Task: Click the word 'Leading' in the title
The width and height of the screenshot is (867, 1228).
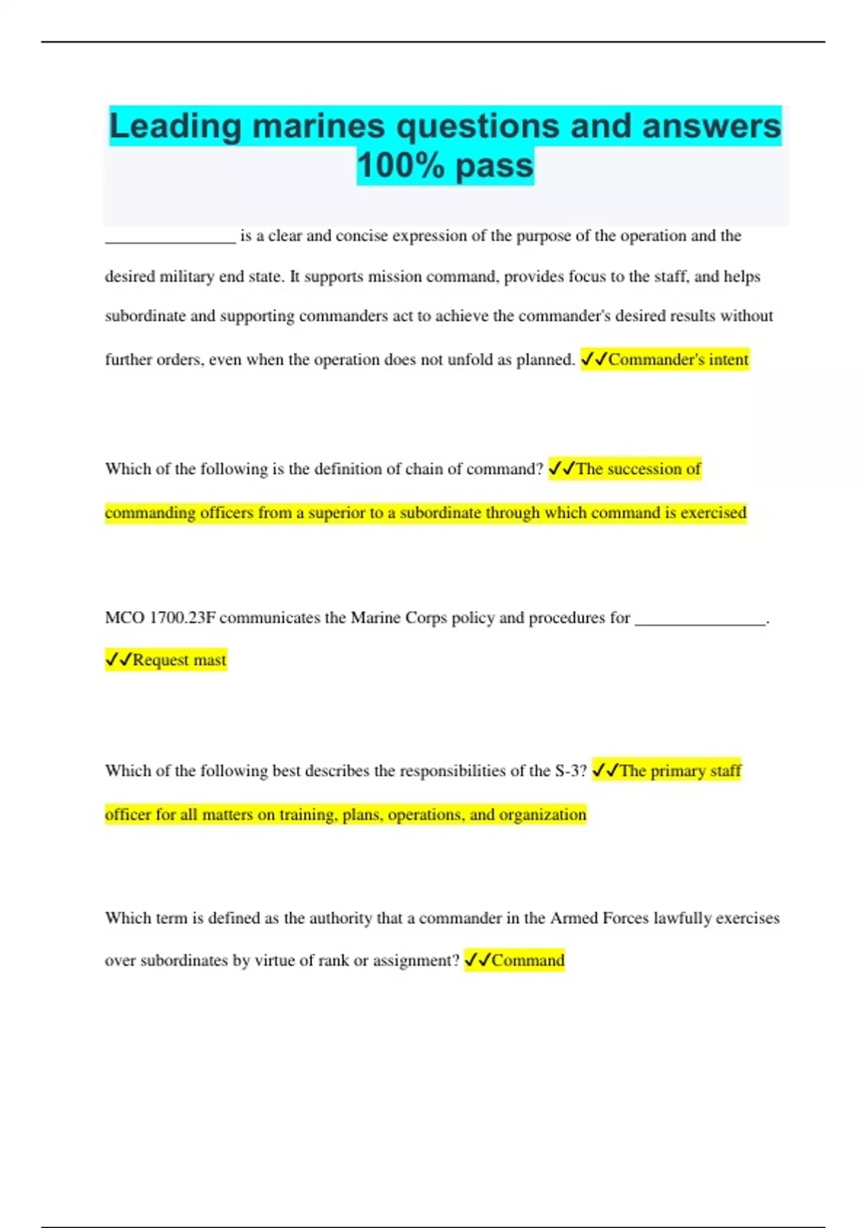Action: pos(175,126)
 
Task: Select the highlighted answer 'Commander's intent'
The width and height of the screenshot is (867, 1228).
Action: pos(678,360)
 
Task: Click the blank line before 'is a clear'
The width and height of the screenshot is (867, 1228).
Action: pos(171,238)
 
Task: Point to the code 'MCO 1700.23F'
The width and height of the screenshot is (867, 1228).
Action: pos(160,618)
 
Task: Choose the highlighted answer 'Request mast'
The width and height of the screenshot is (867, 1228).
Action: pos(179,660)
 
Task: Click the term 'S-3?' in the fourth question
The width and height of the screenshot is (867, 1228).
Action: pos(570,771)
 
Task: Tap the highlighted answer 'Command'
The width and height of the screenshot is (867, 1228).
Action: pos(527,960)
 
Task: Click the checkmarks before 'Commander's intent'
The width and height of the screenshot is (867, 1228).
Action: pos(594,359)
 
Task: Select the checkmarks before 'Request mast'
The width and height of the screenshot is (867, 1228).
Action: pos(118,660)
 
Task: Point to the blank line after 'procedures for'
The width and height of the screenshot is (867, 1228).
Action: pos(699,621)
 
